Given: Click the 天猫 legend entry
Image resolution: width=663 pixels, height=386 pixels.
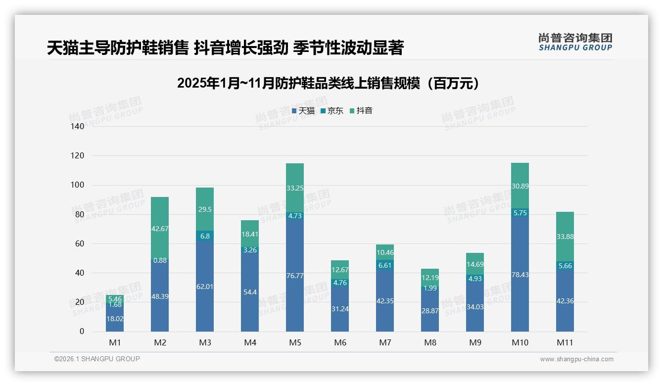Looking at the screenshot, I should (303, 111).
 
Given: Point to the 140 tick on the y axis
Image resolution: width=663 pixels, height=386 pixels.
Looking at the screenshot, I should (78, 127).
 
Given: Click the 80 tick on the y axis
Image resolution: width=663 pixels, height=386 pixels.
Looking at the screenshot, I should (80, 215).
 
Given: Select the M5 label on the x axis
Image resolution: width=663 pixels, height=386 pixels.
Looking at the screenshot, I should (295, 342).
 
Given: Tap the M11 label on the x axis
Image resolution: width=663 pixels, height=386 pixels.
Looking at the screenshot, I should (565, 342).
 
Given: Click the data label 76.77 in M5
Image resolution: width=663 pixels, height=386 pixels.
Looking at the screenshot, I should (295, 276).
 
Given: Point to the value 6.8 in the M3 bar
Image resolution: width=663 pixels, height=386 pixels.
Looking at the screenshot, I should (205, 236).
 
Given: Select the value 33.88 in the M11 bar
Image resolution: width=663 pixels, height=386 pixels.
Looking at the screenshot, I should (565, 237).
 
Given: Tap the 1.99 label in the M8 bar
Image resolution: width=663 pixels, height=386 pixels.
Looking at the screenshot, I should (430, 288).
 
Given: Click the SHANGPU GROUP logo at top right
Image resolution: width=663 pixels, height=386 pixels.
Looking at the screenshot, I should (575, 42).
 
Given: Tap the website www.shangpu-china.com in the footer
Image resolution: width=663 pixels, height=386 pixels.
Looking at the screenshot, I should (576, 359).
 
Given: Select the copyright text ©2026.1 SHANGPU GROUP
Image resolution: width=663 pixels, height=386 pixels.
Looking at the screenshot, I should (97, 359).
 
